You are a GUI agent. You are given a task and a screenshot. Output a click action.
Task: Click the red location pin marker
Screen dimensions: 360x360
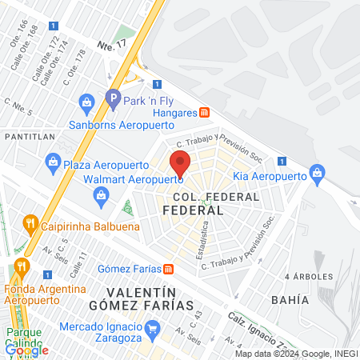click(181, 162)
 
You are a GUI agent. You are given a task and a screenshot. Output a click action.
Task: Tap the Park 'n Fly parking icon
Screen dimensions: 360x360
click(112, 100)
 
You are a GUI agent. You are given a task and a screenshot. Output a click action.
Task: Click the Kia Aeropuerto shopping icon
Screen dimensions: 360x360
click(318, 173)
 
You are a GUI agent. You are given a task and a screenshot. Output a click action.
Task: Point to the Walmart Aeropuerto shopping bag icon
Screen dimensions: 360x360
click(101, 195)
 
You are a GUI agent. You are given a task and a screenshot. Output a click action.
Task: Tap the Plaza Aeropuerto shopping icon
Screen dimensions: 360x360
click(53, 162)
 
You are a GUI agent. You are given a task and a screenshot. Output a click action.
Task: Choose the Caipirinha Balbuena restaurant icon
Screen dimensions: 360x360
click(30, 222)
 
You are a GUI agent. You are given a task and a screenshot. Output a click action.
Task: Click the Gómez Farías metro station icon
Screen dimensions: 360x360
click(169, 268)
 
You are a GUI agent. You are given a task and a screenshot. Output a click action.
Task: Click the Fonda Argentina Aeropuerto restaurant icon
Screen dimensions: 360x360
click(21, 266)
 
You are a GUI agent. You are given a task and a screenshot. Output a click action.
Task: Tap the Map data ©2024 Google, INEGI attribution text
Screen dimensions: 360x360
click(297, 354)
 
